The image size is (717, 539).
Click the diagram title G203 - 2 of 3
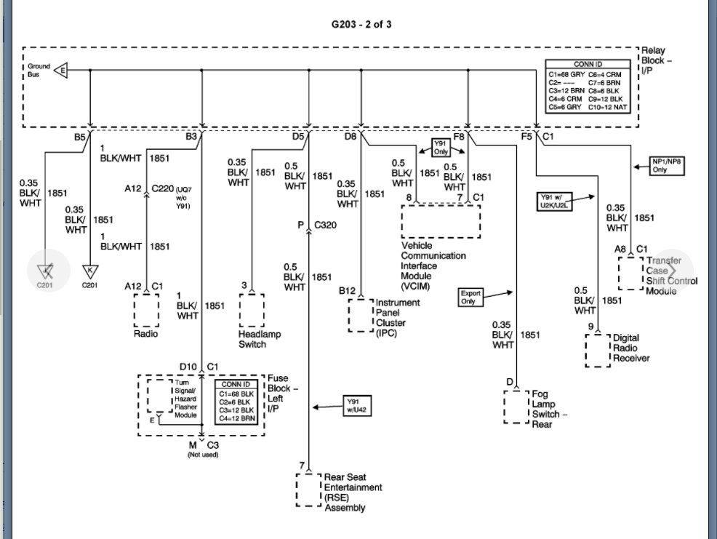pos(361,24)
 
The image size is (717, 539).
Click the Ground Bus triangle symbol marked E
pos(62,71)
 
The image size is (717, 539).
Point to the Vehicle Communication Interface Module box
pos(441,221)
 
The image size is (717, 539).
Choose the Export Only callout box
pos(470,297)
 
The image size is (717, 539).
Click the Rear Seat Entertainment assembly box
pos(308,490)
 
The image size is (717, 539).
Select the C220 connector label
pos(163,188)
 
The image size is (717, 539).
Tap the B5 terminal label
pos(80,136)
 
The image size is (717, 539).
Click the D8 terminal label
pos(351,136)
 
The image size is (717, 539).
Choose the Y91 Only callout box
pos(441,148)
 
